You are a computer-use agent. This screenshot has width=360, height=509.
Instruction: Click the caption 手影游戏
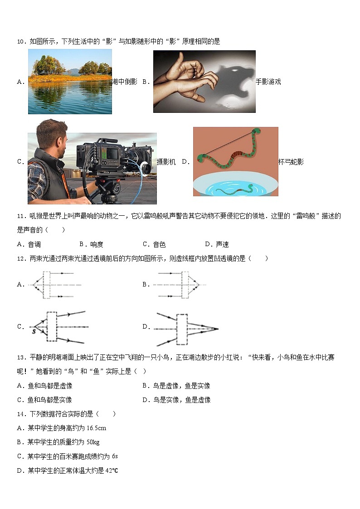[x=268, y=82]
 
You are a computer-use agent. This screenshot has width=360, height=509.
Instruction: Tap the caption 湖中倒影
[x=125, y=82]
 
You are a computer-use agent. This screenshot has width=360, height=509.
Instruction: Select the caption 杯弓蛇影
[x=291, y=162]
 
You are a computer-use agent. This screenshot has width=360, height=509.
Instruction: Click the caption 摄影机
[x=166, y=162]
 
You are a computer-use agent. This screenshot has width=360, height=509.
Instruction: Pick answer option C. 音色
[x=154, y=244]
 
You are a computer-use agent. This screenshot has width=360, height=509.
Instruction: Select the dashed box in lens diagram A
[x=47, y=285]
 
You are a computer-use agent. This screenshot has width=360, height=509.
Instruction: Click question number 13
[x=20, y=358]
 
